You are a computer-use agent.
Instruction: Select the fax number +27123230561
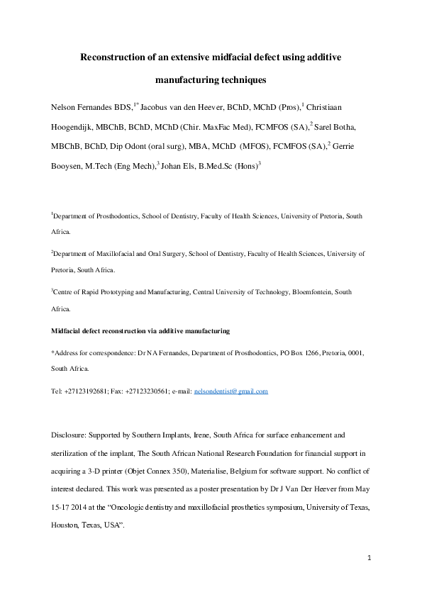point(149,391)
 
